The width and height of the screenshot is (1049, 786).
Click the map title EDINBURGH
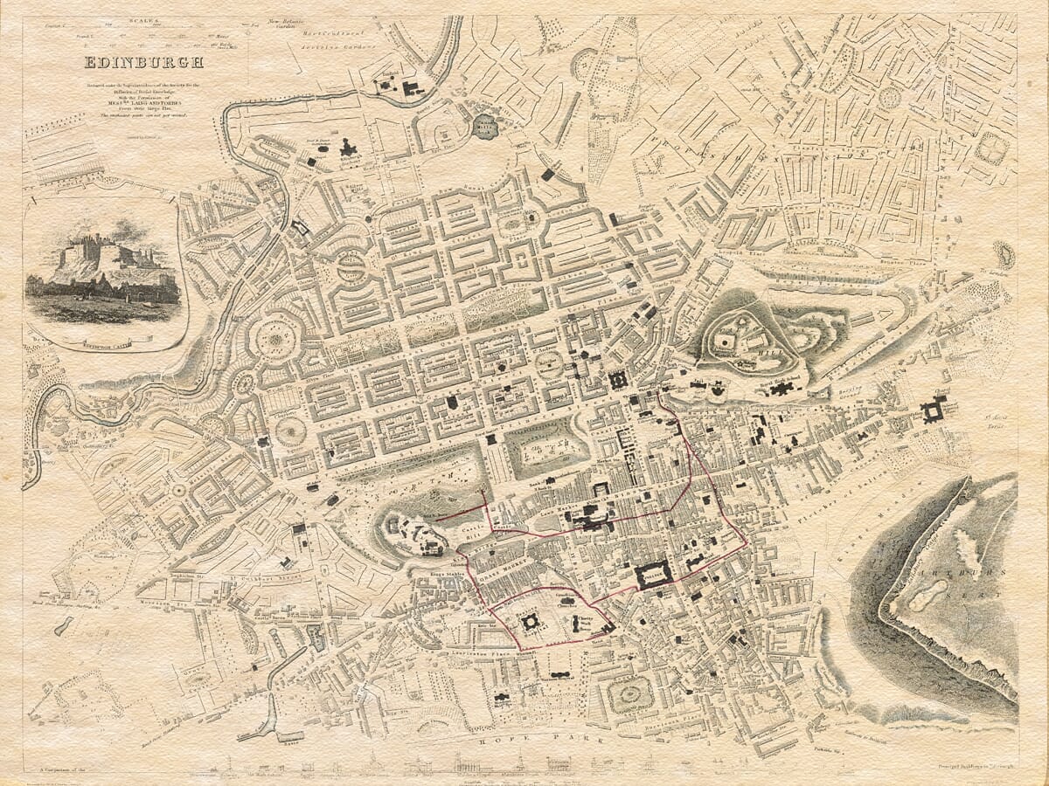(143, 62)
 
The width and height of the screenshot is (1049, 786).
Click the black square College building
(654, 575)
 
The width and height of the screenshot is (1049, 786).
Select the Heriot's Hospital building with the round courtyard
(530, 623)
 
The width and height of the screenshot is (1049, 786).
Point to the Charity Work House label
(582, 622)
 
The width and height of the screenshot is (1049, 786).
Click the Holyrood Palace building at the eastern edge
(934, 409)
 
